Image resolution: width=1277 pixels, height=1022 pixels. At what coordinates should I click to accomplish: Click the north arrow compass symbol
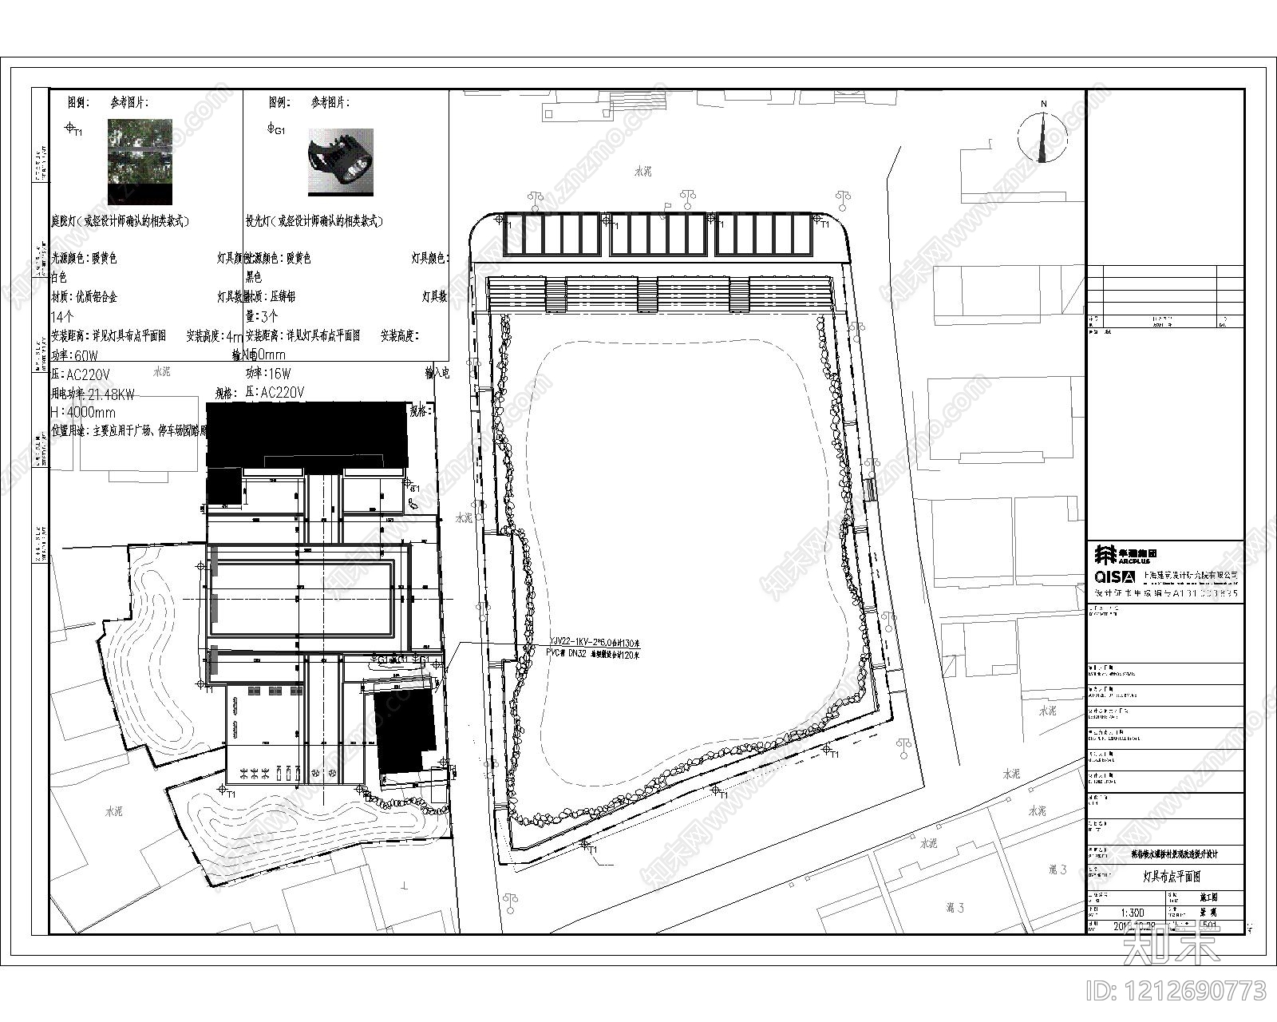coord(1042,134)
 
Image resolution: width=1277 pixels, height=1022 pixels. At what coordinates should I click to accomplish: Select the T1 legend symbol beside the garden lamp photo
coord(72,129)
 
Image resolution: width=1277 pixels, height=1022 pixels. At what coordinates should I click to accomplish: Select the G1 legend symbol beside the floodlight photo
coord(274,129)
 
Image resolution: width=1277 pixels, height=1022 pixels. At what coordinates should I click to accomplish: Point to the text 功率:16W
coord(269,373)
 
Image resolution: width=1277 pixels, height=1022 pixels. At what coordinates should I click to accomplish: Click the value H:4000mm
coord(82,412)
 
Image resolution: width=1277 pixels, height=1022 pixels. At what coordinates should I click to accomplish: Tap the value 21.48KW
coord(109,393)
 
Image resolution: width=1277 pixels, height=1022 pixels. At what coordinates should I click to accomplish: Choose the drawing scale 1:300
coord(1132,912)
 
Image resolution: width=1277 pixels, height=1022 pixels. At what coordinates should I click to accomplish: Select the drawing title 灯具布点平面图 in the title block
coord(1172,876)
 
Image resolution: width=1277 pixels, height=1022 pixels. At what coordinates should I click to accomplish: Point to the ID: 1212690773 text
coord(1176,992)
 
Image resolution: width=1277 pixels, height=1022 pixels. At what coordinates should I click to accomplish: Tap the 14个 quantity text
coord(62,316)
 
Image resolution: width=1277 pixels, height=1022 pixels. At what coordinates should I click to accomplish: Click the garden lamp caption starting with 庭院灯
coord(120,221)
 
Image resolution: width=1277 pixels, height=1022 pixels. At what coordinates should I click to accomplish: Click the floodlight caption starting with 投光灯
coord(314,221)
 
